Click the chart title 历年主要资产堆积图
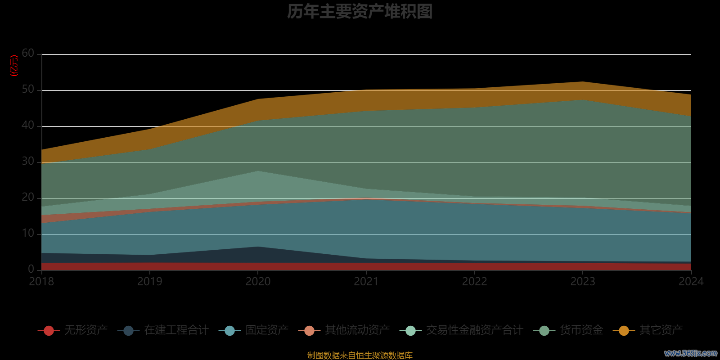pyautogui.click(x=360, y=12)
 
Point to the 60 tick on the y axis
pyautogui.click(x=28, y=54)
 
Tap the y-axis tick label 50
pyautogui.click(x=28, y=90)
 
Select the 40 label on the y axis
pyautogui.click(x=28, y=126)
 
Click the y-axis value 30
pyautogui.click(x=28, y=162)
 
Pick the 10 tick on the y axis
pyautogui.click(x=28, y=234)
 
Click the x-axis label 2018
pyautogui.click(x=41, y=282)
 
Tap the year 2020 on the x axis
pyautogui.click(x=258, y=282)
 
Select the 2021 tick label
pyautogui.click(x=366, y=282)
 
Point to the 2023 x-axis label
pyautogui.click(x=583, y=282)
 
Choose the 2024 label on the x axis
pyautogui.click(x=691, y=282)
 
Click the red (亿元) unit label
pyautogui.click(x=14, y=66)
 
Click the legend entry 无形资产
pyautogui.click(x=85, y=330)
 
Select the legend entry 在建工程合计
pyautogui.click(x=176, y=330)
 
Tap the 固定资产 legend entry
pyautogui.click(x=267, y=330)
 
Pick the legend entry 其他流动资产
pyautogui.click(x=357, y=330)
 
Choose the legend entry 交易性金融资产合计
pyautogui.click(x=474, y=330)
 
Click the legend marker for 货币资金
pyautogui.click(x=544, y=331)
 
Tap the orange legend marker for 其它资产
pyautogui.click(x=624, y=331)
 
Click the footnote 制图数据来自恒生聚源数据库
pyautogui.click(x=360, y=355)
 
